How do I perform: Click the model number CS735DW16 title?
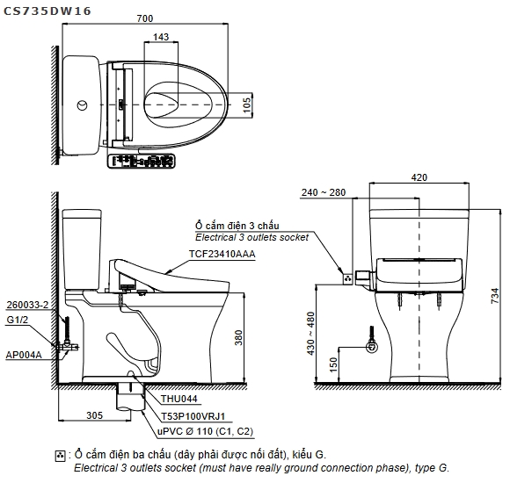(47, 11)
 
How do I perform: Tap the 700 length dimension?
(145, 18)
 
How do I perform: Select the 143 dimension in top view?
(161, 37)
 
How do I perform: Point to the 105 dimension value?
(247, 105)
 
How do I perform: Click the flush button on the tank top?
(83, 105)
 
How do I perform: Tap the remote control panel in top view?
(141, 161)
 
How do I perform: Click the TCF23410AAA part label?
(222, 254)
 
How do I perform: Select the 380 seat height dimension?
(239, 337)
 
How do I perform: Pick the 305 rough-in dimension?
(95, 415)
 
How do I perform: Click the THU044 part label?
(179, 399)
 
